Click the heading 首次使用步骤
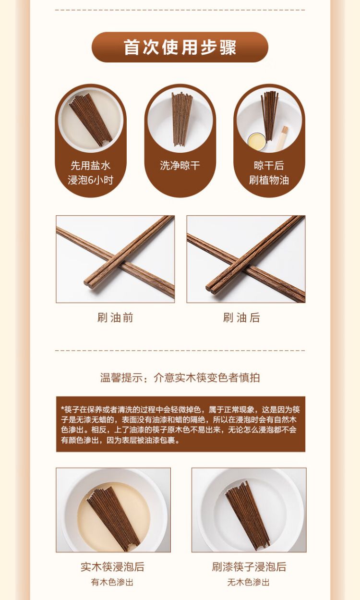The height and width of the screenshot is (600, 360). tap(180, 48)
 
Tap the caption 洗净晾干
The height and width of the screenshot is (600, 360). tap(180, 165)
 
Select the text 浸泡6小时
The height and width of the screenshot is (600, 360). tap(90, 180)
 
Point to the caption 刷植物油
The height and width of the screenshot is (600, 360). tap(269, 180)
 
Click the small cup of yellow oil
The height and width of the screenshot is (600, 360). tap(257, 141)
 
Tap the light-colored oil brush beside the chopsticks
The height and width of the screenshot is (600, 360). tap(281, 138)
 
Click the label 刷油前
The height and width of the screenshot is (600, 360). tap(115, 318)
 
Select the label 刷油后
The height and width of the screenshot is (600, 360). tap(241, 318)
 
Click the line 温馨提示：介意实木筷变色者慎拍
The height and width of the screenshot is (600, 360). tap(180, 378)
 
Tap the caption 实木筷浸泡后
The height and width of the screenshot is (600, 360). tap(113, 567)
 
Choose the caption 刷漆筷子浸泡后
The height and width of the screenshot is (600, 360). tap(249, 567)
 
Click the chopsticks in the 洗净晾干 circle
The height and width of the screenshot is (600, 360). tap(182, 119)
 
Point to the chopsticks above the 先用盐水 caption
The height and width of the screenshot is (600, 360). tap(90, 120)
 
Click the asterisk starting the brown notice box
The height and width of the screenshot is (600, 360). tap(63, 409)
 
